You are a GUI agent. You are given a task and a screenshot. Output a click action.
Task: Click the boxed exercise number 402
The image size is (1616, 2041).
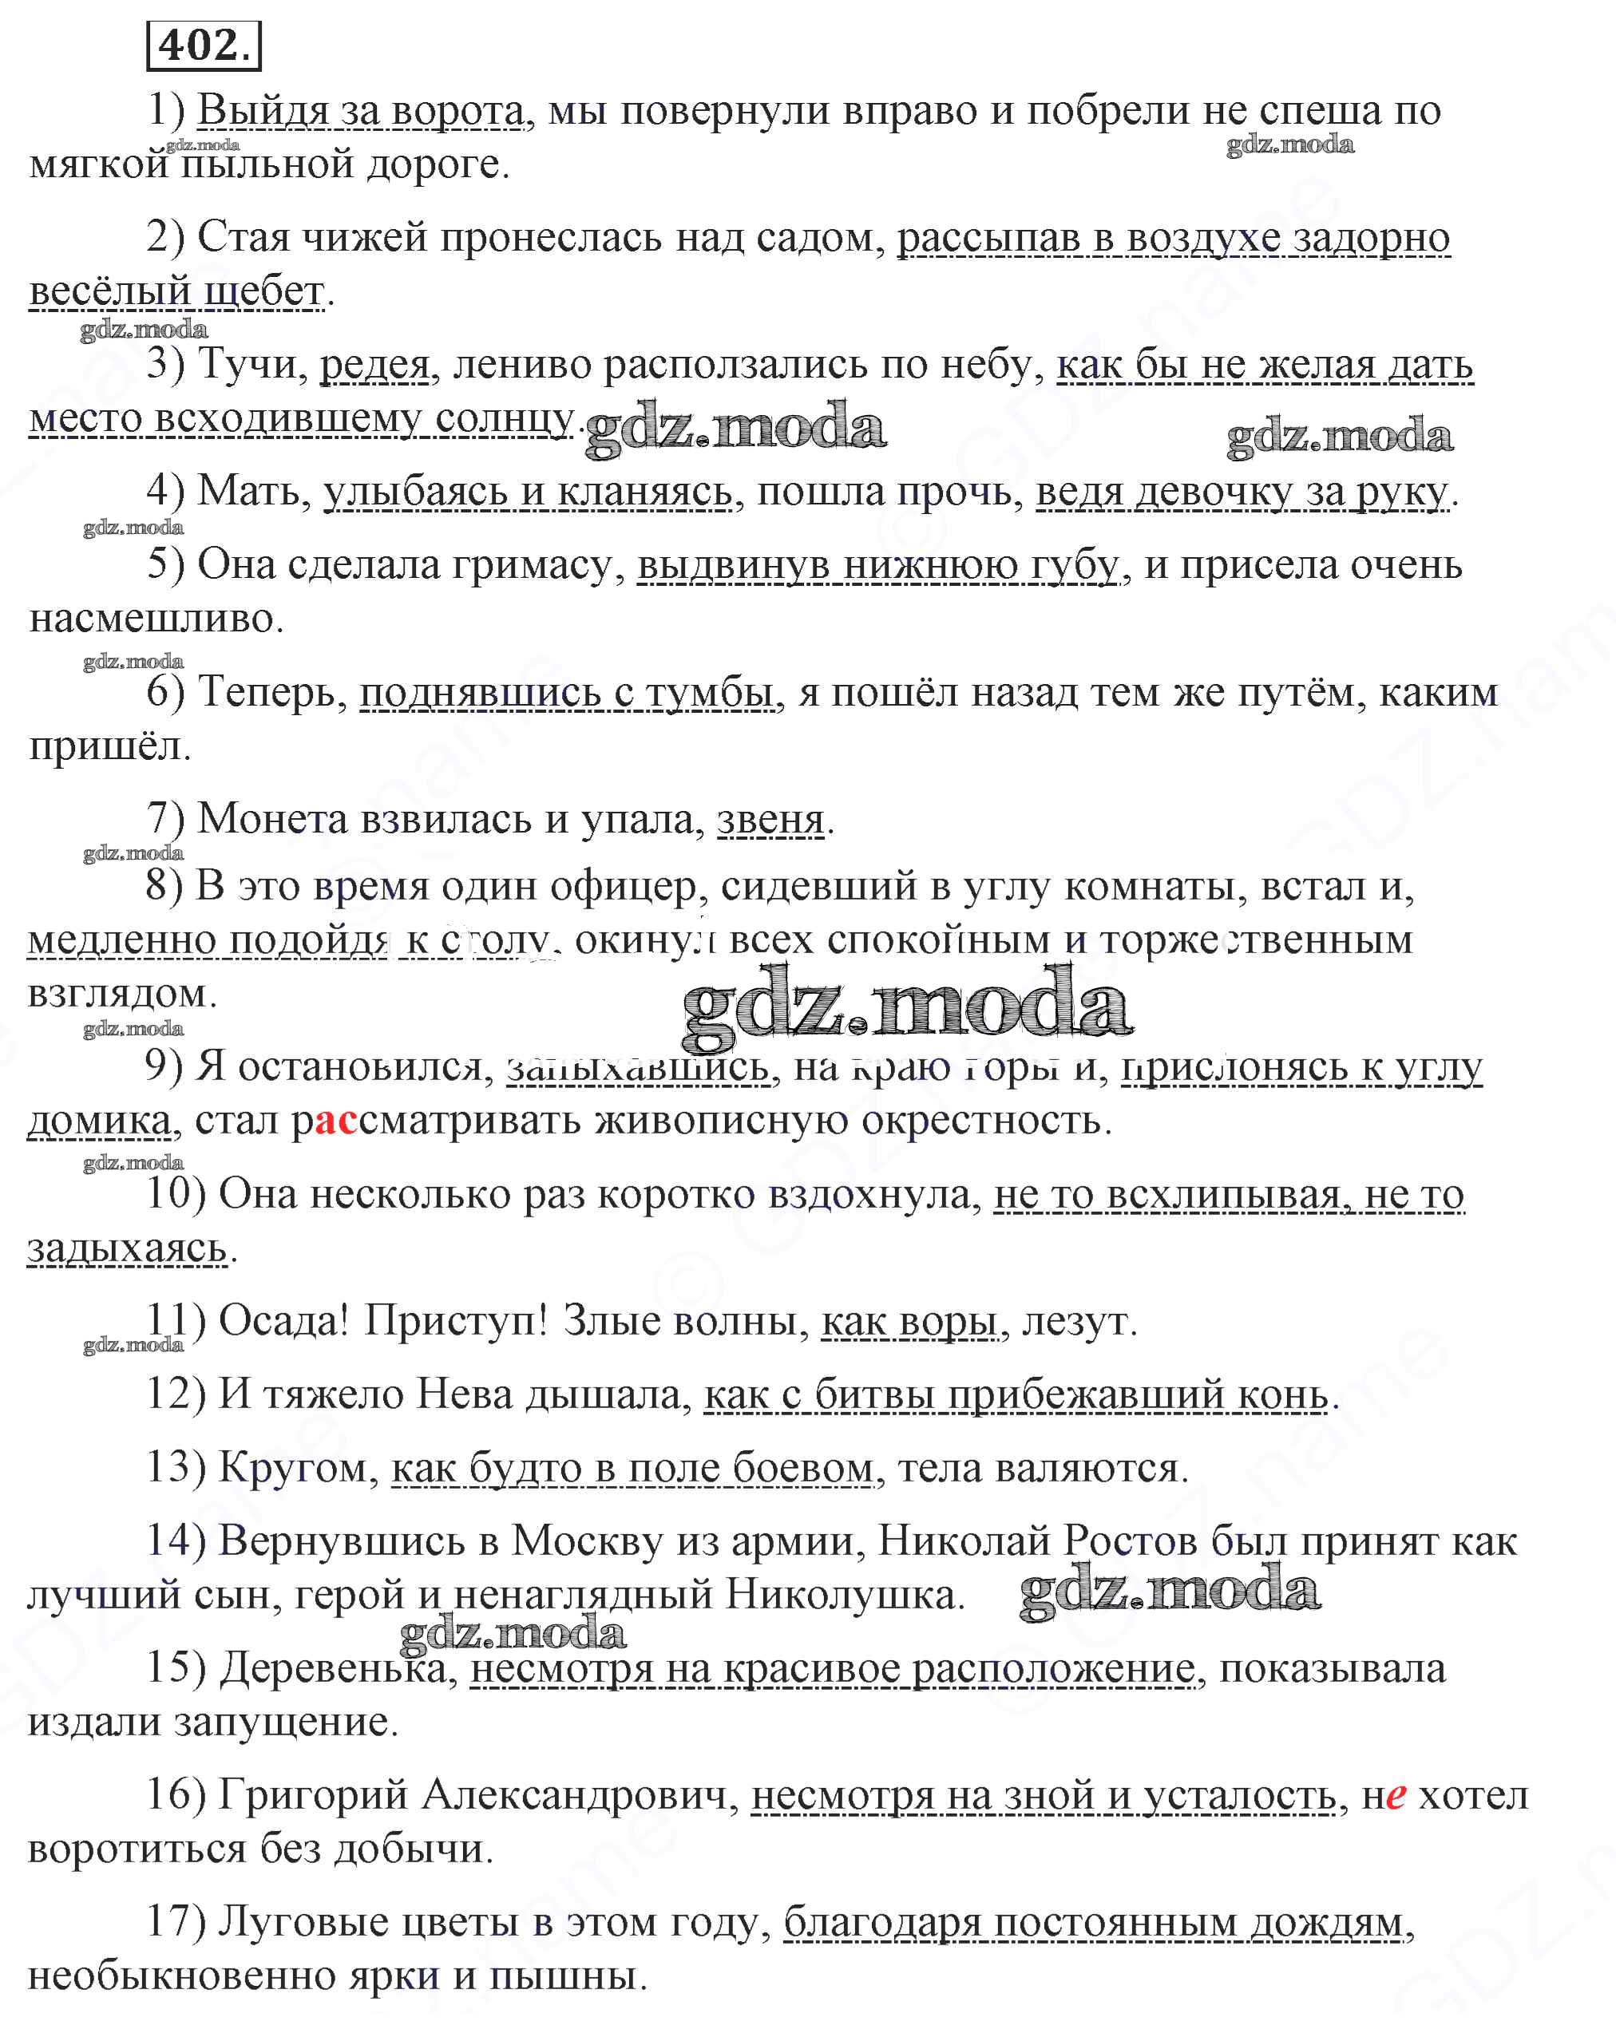click(204, 45)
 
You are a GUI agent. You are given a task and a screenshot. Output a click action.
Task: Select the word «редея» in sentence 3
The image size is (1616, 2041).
click(374, 365)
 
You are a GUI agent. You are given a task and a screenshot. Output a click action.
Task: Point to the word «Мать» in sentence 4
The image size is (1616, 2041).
click(254, 492)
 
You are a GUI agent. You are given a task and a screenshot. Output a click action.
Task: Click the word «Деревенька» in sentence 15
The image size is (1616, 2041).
click(332, 1669)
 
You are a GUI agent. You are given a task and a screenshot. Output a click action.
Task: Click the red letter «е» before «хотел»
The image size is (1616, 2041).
click(1396, 1796)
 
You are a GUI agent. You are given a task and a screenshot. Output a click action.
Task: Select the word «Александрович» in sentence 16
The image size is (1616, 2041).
click(579, 1796)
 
